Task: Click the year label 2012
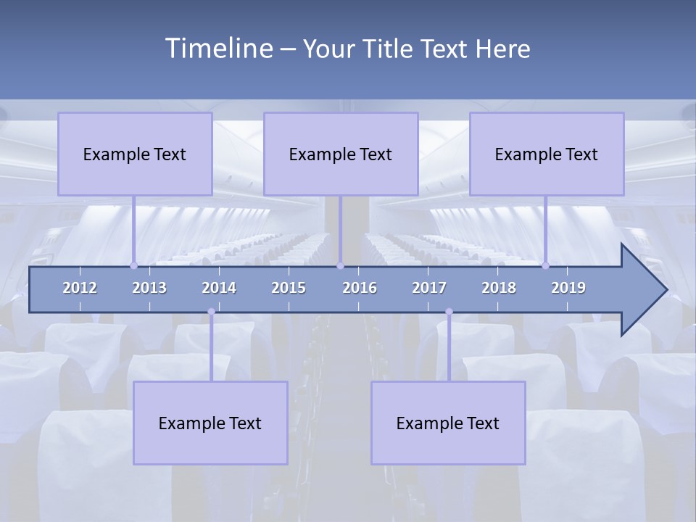click(x=80, y=288)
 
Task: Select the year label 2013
click(x=149, y=288)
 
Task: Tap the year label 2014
click(x=219, y=288)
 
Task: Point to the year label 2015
click(x=289, y=288)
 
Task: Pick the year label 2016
click(x=360, y=288)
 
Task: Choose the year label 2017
click(x=429, y=288)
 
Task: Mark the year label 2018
click(x=499, y=288)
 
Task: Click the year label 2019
click(x=568, y=288)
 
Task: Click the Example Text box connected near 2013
click(x=135, y=154)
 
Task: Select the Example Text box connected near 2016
click(x=341, y=154)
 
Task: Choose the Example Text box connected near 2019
click(x=547, y=154)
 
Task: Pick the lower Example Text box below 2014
click(x=210, y=423)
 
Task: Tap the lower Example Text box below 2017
click(x=448, y=423)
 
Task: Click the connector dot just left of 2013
click(x=133, y=265)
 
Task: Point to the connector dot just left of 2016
click(x=340, y=265)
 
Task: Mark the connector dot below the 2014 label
click(x=211, y=312)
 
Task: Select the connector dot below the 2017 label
click(x=449, y=312)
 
